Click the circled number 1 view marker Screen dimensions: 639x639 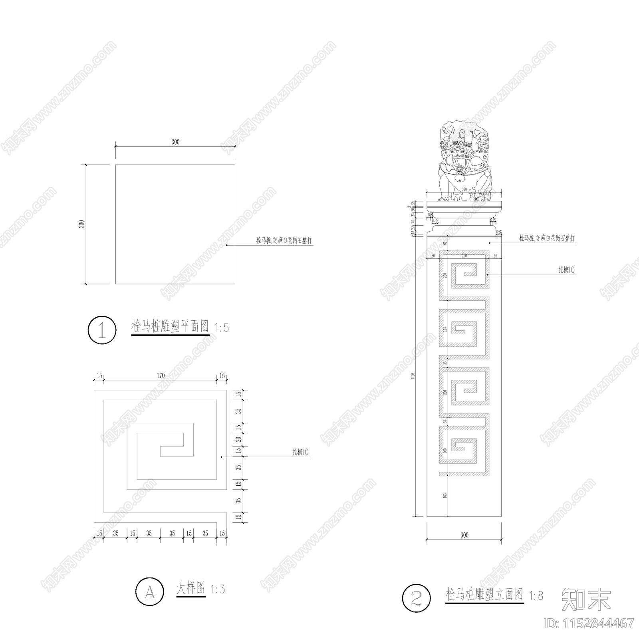click(102, 330)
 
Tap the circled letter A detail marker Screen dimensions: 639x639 click(150, 591)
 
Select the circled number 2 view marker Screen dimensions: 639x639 click(417, 598)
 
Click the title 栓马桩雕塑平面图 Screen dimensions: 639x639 click(170, 326)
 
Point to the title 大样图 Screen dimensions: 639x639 click(191, 588)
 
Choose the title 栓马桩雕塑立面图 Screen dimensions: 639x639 click(484, 594)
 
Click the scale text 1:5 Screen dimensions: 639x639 click(222, 328)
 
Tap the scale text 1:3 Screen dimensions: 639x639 click(218, 589)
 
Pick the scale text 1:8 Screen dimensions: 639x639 click(536, 596)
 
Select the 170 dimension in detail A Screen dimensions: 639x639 click(161, 375)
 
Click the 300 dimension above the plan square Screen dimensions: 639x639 click(175, 142)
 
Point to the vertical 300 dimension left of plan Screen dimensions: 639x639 click(81, 224)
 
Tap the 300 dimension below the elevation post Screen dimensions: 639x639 click(464, 535)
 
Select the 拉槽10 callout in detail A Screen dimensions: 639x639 click(301, 452)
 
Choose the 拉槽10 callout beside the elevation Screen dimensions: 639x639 click(566, 270)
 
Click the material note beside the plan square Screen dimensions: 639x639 click(284, 240)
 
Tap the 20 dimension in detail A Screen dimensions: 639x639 click(238, 439)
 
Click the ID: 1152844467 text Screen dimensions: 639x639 click(589, 623)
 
